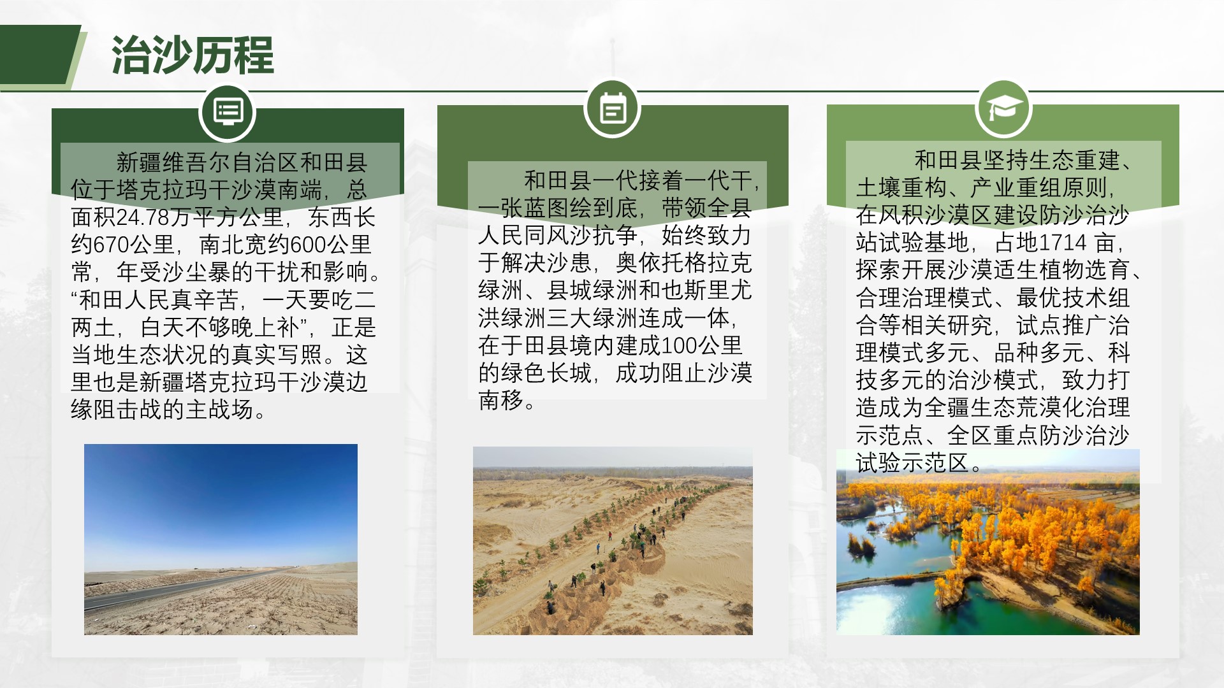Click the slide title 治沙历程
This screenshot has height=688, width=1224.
(x=193, y=56)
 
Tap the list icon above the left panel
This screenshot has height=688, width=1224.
(x=228, y=112)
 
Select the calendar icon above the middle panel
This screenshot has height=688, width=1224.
(x=612, y=108)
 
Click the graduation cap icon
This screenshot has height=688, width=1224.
(x=1004, y=108)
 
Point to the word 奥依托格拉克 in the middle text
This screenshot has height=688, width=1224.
(x=684, y=263)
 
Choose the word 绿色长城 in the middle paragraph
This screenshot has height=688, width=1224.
(x=546, y=373)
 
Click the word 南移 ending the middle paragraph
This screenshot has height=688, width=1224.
(x=501, y=401)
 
